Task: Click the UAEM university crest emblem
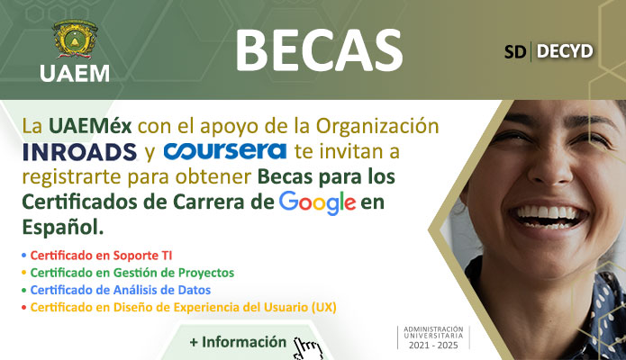pyautogui.click(x=75, y=40)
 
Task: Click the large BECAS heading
pyautogui.click(x=319, y=51)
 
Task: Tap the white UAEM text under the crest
pyautogui.click(x=75, y=74)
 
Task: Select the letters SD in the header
pyautogui.click(x=515, y=51)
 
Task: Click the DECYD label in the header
pyautogui.click(x=565, y=51)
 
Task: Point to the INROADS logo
pyautogui.click(x=80, y=152)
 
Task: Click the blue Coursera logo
pyautogui.click(x=225, y=151)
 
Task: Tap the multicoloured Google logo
pyautogui.click(x=317, y=202)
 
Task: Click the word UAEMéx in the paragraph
pyautogui.click(x=90, y=126)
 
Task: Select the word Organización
pyautogui.click(x=377, y=127)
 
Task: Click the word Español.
pyautogui.click(x=63, y=227)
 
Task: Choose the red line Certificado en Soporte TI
pyautogui.click(x=101, y=256)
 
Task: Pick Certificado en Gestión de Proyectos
pyautogui.click(x=132, y=273)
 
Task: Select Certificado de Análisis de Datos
pyautogui.click(x=121, y=290)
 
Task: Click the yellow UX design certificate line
pyautogui.click(x=183, y=307)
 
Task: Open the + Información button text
pyautogui.click(x=238, y=342)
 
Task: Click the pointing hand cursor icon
pyautogui.click(x=307, y=348)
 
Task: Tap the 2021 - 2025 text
pyautogui.click(x=433, y=346)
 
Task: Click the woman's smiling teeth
pyautogui.click(x=550, y=215)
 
